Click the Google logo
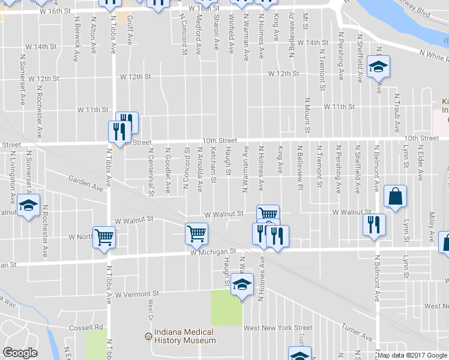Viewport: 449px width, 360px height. (20, 353)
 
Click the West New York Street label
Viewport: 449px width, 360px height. (278, 328)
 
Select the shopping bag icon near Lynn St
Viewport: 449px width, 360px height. (396, 196)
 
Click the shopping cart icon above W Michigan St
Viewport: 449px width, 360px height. (196, 233)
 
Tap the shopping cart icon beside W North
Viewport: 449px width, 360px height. (104, 236)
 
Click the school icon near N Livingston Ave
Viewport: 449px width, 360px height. (28, 205)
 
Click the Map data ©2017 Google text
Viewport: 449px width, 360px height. (412, 355)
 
